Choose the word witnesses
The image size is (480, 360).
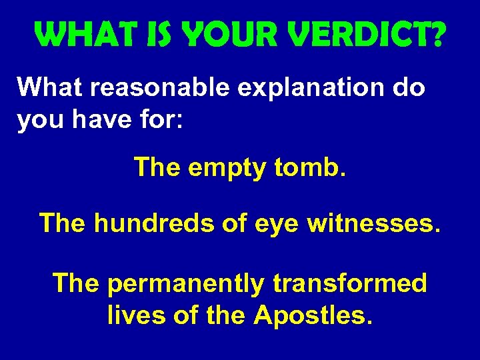[373, 223]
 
